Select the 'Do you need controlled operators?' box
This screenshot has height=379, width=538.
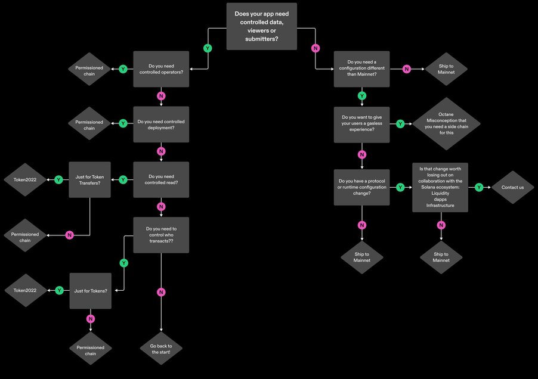click(161, 69)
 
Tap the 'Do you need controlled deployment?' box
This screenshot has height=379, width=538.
click(161, 124)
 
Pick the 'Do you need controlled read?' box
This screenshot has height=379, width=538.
click(161, 179)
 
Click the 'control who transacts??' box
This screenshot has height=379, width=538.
click(161, 235)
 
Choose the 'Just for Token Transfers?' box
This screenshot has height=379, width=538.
click(89, 179)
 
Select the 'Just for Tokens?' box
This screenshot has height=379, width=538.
click(91, 291)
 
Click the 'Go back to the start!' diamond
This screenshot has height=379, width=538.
click(161, 349)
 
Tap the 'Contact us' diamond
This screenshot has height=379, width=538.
click(513, 187)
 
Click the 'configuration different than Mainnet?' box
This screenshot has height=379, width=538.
click(362, 69)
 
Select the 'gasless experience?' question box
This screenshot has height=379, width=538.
click(362, 124)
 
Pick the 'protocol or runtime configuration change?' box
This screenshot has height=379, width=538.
click(362, 187)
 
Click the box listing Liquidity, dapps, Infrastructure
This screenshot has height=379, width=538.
click(441, 187)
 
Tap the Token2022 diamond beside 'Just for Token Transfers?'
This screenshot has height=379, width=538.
click(26, 179)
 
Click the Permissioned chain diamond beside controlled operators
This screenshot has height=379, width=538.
click(89, 69)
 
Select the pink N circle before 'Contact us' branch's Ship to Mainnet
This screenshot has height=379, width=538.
click(441, 225)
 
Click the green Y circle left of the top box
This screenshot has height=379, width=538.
click(208, 48)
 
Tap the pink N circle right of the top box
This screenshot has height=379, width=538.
click(315, 48)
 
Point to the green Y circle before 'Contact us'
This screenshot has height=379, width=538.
click(480, 187)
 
